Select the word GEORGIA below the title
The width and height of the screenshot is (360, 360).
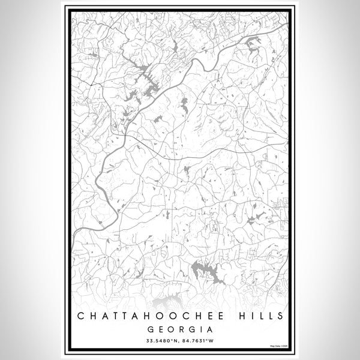point(179,329)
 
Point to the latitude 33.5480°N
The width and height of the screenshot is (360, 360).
point(158,341)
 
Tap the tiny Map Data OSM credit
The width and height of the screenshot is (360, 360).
point(280,346)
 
